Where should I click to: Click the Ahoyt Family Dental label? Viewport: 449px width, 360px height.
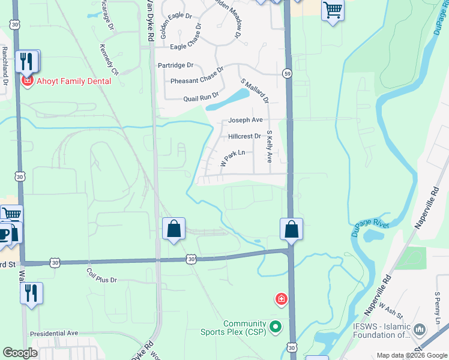[74, 81]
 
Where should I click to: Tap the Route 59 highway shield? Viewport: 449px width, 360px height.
[288, 73]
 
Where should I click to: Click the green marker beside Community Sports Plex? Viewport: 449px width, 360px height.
[276, 327]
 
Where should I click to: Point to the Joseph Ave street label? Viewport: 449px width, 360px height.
[245, 120]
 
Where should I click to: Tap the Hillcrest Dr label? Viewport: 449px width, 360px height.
[244, 136]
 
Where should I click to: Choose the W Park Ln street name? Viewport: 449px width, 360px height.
[234, 158]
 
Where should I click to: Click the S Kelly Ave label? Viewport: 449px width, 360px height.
[270, 147]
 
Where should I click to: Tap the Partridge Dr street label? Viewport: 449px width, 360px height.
[175, 65]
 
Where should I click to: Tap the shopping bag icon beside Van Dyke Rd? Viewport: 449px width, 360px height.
[173, 229]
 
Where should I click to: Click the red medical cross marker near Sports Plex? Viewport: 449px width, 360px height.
[280, 299]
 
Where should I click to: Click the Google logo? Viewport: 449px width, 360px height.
[20, 353]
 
